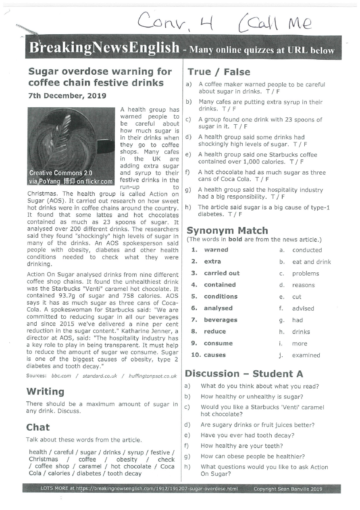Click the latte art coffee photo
pos(71,146)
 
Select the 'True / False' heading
pos(218,72)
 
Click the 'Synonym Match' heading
pos(227,230)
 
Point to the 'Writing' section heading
pos(45,391)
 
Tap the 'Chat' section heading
pos(38,427)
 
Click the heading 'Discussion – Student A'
pos(244,374)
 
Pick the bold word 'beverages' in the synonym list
pos(221,320)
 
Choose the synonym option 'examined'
pos(306,355)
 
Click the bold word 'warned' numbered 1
pos(216,250)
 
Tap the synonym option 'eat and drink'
pos(311,262)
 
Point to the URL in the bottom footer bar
pos(165,489)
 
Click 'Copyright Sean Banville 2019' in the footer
pos(288,489)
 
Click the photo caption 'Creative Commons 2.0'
pos(61,173)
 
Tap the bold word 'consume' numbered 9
pos(218,343)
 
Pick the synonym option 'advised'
pos(303,308)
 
